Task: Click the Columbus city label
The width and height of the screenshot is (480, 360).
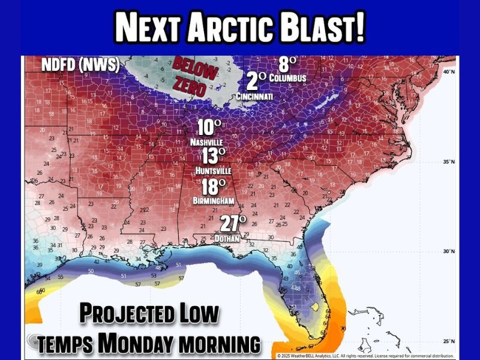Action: click(287, 79)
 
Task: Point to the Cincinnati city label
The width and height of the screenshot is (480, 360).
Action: click(254, 97)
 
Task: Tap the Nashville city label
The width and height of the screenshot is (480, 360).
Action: click(206, 142)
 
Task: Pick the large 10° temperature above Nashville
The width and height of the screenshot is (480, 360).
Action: click(209, 127)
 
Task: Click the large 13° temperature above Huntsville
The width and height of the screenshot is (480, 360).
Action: click(213, 157)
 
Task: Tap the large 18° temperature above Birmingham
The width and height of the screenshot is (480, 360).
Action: click(214, 186)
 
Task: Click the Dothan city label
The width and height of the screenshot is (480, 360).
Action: click(231, 238)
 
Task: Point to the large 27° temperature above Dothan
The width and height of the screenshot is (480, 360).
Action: click(233, 223)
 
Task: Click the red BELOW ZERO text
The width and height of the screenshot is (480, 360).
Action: click(194, 75)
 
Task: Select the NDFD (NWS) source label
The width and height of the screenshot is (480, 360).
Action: click(80, 64)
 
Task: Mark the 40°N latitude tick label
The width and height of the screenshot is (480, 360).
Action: click(448, 72)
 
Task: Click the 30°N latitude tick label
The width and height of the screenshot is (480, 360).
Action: click(448, 252)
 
